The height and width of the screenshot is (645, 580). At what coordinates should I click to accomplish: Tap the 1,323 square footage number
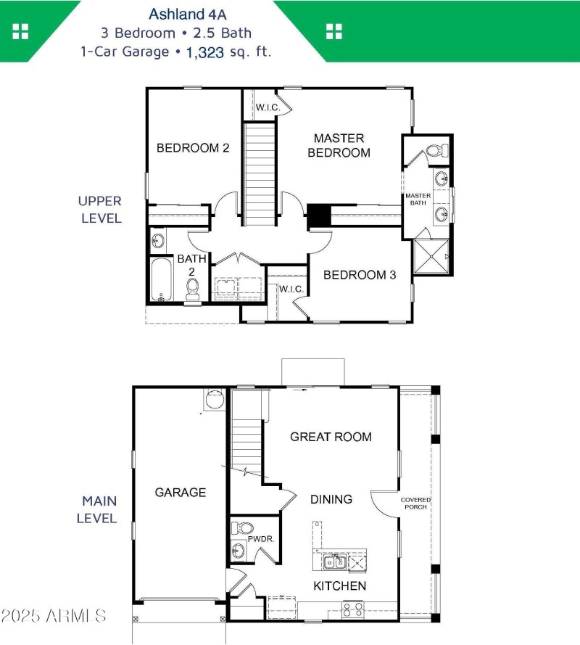(205, 52)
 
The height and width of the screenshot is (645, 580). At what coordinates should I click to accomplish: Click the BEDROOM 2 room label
(193, 148)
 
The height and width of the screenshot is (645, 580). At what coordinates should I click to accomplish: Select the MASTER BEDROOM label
(339, 145)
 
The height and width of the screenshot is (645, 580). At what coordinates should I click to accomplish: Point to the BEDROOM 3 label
(360, 275)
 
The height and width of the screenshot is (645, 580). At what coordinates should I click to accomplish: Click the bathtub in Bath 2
(161, 279)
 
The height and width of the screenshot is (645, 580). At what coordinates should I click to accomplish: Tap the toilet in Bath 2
(193, 289)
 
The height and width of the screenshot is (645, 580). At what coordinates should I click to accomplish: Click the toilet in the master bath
(435, 151)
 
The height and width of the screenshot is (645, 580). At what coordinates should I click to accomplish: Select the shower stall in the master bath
(431, 256)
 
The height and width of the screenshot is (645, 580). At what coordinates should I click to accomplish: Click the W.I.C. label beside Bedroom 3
(291, 289)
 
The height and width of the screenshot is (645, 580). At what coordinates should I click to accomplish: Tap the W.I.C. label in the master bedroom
(267, 108)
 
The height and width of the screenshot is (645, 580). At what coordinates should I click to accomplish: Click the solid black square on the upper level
(318, 215)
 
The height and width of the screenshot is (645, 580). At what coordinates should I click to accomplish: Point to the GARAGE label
(181, 493)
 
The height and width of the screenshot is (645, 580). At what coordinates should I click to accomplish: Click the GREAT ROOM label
(331, 437)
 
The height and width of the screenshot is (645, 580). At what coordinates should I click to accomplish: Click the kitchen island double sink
(334, 562)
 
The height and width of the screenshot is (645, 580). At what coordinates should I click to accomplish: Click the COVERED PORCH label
(416, 503)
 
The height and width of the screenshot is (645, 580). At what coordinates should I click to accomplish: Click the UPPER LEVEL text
(100, 209)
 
